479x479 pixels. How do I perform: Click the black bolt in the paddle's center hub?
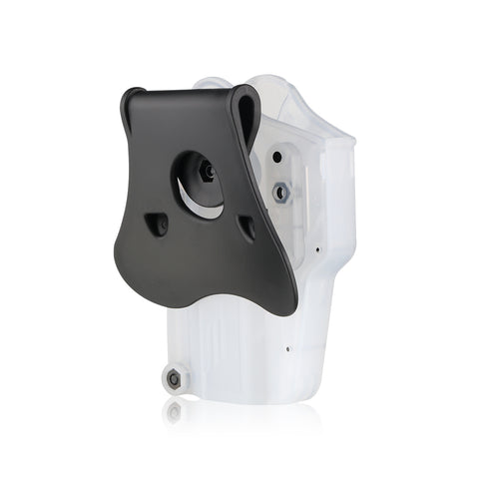click(x=207, y=172)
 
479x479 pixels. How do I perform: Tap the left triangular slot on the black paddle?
click(x=158, y=226)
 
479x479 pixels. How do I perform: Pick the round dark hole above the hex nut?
click(x=274, y=156)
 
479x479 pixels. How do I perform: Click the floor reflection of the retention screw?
click(x=175, y=409)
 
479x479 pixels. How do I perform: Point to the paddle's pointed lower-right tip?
click(x=293, y=310)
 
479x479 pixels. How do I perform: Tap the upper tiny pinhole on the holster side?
click(x=317, y=249)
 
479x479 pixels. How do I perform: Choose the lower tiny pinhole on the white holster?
click(x=286, y=350)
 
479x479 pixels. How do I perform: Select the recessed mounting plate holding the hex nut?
click(x=282, y=180)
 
